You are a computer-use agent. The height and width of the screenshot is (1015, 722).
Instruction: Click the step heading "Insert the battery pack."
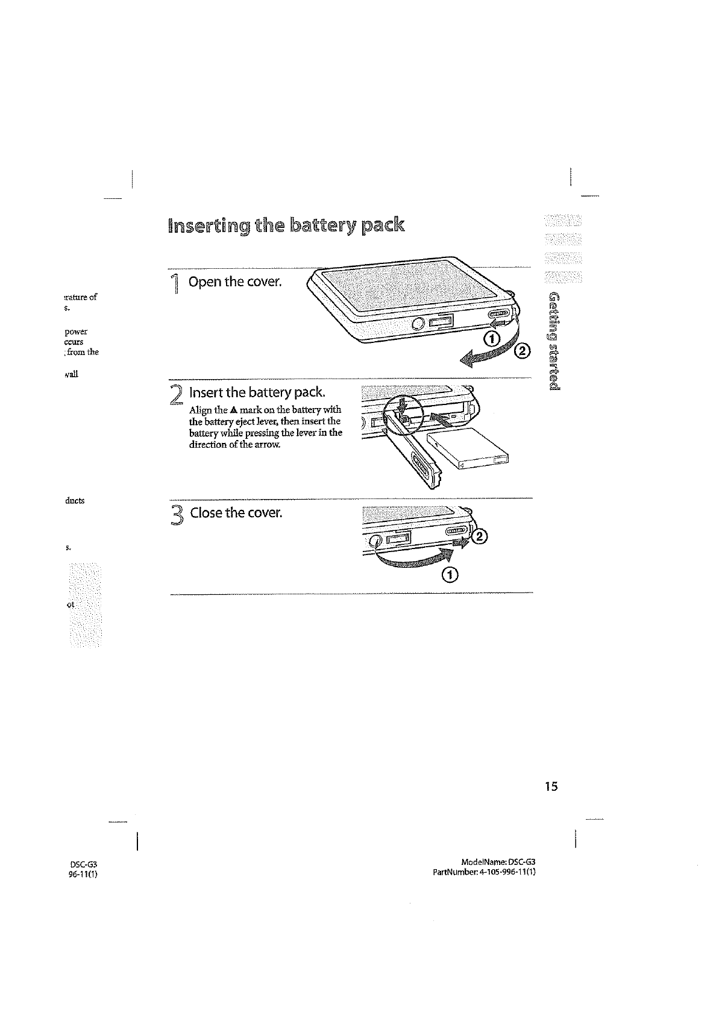258,393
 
